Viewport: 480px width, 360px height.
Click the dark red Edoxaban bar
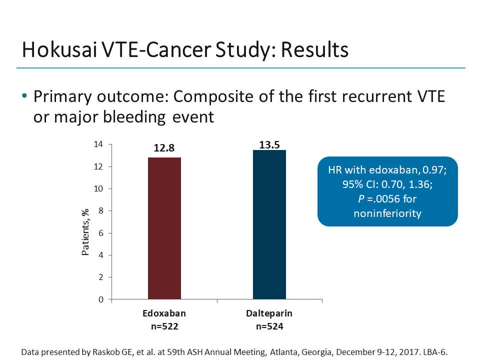tap(164, 228)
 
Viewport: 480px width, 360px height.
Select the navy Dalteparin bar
tap(269, 224)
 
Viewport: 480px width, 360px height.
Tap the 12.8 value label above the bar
tap(164, 148)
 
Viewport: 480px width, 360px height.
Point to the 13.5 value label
tap(269, 145)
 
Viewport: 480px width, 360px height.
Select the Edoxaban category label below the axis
tap(164, 314)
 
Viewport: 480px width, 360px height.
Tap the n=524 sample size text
tap(269, 327)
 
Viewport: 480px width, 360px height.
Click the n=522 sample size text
tap(164, 327)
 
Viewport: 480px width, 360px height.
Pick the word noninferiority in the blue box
tap(387, 213)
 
